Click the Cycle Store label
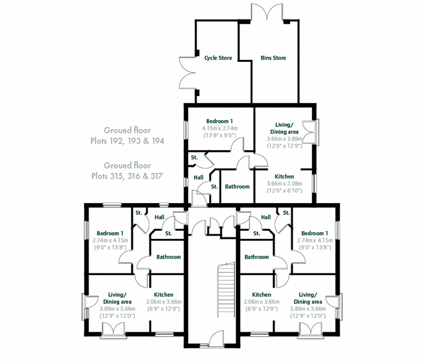(x=218, y=58)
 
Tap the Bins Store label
(x=273, y=58)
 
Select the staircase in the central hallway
(x=226, y=290)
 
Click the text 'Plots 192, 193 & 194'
(x=127, y=141)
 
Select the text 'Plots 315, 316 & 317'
(x=127, y=176)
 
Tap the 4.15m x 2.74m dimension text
(x=220, y=128)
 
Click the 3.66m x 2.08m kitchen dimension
(x=284, y=183)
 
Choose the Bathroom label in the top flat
(x=237, y=187)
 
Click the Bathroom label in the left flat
(x=169, y=257)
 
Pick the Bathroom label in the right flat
(x=256, y=257)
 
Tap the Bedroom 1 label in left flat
(x=110, y=233)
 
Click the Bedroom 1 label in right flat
(x=314, y=233)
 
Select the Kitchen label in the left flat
(x=164, y=295)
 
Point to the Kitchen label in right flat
(x=262, y=295)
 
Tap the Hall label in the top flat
(x=198, y=178)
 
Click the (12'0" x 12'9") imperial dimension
(x=284, y=146)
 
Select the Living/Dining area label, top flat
(x=284, y=128)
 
